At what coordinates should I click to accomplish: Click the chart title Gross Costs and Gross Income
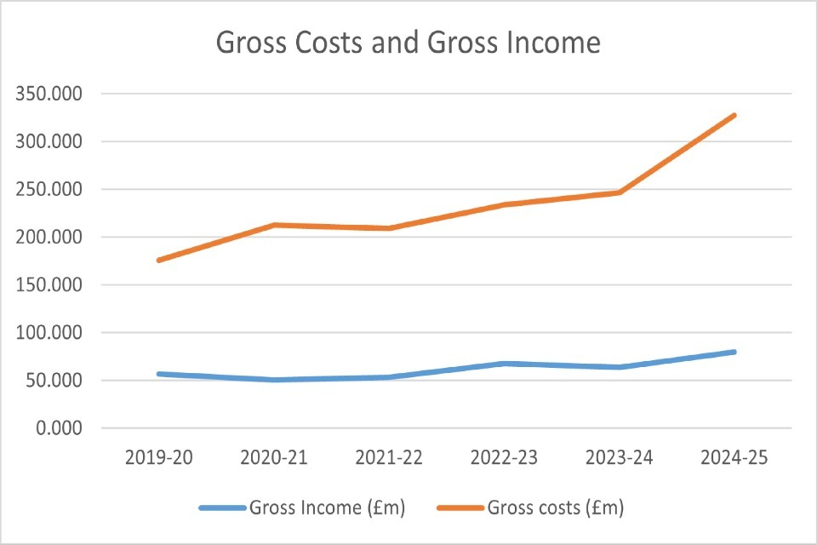408,42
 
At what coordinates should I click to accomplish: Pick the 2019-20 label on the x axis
158,458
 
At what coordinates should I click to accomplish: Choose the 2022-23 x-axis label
504,458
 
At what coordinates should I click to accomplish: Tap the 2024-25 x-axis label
734,458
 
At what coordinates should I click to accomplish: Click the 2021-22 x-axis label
389,458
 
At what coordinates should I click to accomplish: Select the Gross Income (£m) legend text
327,508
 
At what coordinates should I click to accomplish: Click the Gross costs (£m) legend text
556,508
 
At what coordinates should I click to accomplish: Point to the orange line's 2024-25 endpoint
734,115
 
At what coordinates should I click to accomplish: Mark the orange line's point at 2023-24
619,192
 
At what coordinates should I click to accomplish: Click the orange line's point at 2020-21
274,225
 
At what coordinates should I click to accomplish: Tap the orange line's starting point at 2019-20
159,260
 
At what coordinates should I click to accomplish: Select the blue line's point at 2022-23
504,364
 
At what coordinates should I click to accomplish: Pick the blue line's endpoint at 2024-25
734,352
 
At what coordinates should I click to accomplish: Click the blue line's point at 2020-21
274,380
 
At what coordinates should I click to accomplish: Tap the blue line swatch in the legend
222,508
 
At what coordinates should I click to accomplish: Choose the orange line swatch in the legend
461,508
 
